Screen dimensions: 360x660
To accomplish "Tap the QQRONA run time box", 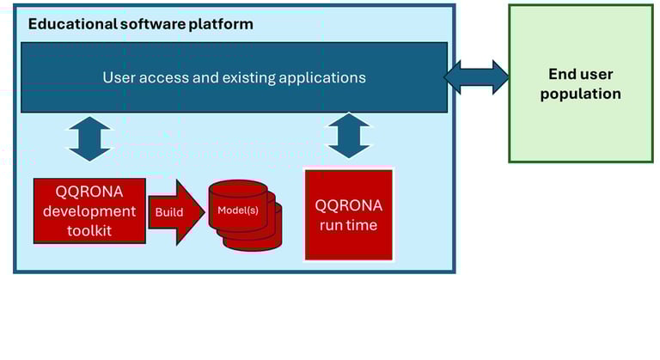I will tap(349, 215).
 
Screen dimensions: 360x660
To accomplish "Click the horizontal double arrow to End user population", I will tap(476, 76).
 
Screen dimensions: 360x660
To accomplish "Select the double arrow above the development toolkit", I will tap(89, 139).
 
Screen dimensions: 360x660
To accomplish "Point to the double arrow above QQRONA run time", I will tap(349, 136).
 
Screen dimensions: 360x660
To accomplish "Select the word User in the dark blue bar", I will tap(119, 77).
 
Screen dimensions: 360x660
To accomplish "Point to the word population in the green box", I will tap(580, 94).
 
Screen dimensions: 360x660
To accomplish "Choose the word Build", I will tap(168, 212).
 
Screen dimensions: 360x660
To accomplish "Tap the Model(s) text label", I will tap(237, 210).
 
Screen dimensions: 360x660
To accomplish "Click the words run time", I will tap(349, 225).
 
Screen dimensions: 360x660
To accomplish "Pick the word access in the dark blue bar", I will tap(160, 77).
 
